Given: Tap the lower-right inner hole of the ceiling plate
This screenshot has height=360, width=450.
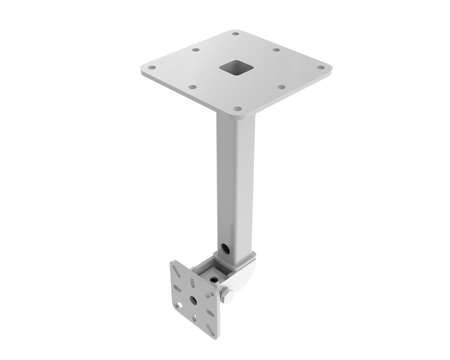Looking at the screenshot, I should (x=281, y=87).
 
